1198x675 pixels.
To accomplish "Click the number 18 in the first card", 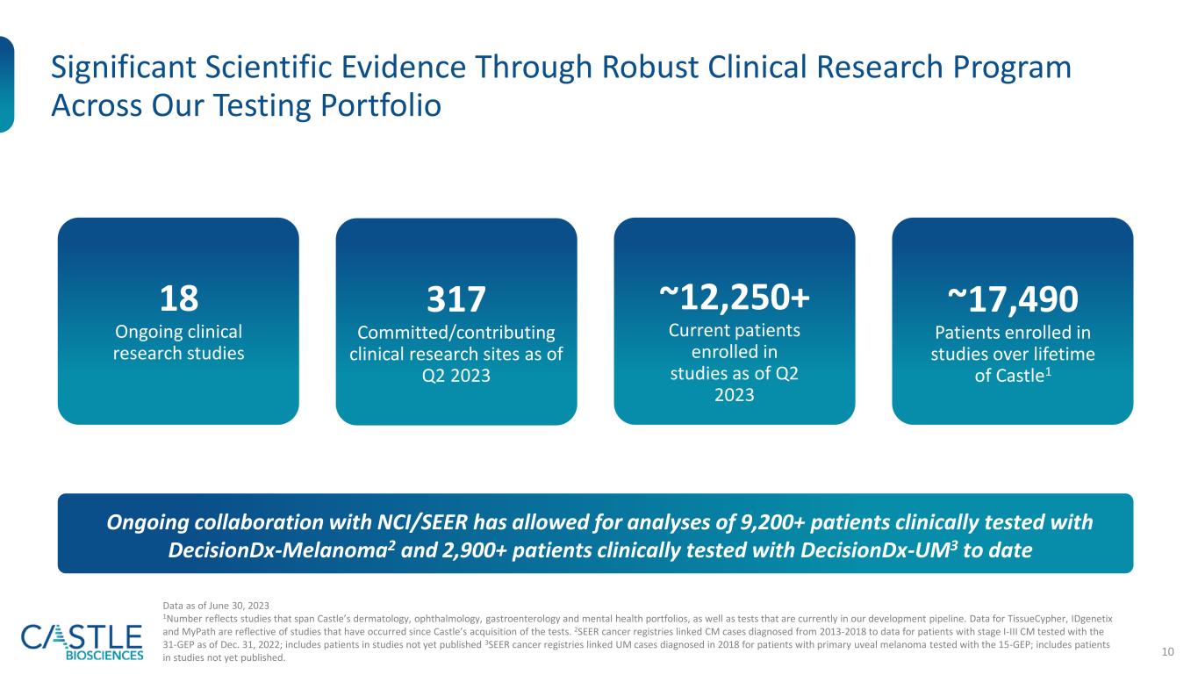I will [x=178, y=300].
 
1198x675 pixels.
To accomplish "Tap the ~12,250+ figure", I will [x=734, y=299].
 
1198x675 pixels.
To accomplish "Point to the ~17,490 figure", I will [x=1012, y=300].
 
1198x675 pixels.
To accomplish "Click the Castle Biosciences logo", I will [x=82, y=642].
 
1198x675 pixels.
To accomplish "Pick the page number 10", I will [x=1168, y=650].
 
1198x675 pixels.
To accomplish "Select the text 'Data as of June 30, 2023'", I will [x=216, y=606].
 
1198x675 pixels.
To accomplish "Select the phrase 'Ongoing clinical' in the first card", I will [x=178, y=332].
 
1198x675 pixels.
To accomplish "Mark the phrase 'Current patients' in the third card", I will [x=734, y=332].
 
